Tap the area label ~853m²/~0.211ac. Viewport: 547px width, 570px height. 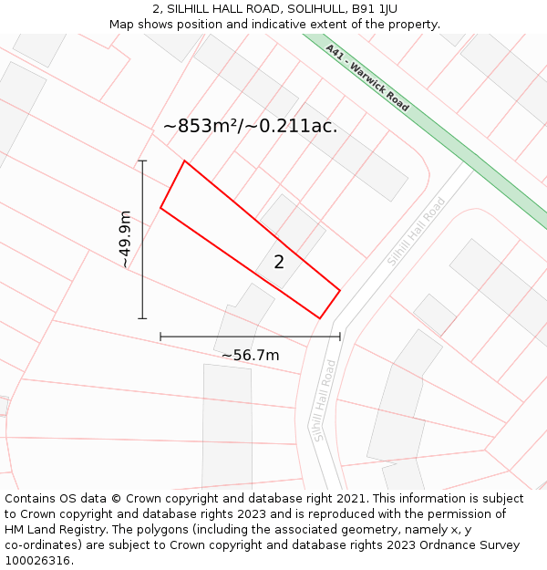250,127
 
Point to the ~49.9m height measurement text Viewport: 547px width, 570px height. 125,239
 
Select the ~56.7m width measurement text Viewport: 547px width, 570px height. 250,355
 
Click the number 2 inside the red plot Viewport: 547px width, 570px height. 279,263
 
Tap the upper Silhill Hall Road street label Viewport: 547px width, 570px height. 416,233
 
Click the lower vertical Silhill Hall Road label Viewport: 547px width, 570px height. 325,400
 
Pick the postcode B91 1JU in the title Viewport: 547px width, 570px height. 375,9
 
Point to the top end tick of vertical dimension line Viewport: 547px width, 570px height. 142,161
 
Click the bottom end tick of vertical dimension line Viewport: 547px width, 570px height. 142,318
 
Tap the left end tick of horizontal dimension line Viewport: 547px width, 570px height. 160,337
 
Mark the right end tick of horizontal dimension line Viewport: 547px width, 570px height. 340,337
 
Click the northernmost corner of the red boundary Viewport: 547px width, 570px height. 185,161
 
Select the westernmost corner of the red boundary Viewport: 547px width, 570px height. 160,208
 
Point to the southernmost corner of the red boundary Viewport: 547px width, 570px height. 319,318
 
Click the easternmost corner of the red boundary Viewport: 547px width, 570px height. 340,291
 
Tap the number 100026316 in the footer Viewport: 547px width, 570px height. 36,561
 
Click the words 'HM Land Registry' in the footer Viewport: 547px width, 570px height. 51,530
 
